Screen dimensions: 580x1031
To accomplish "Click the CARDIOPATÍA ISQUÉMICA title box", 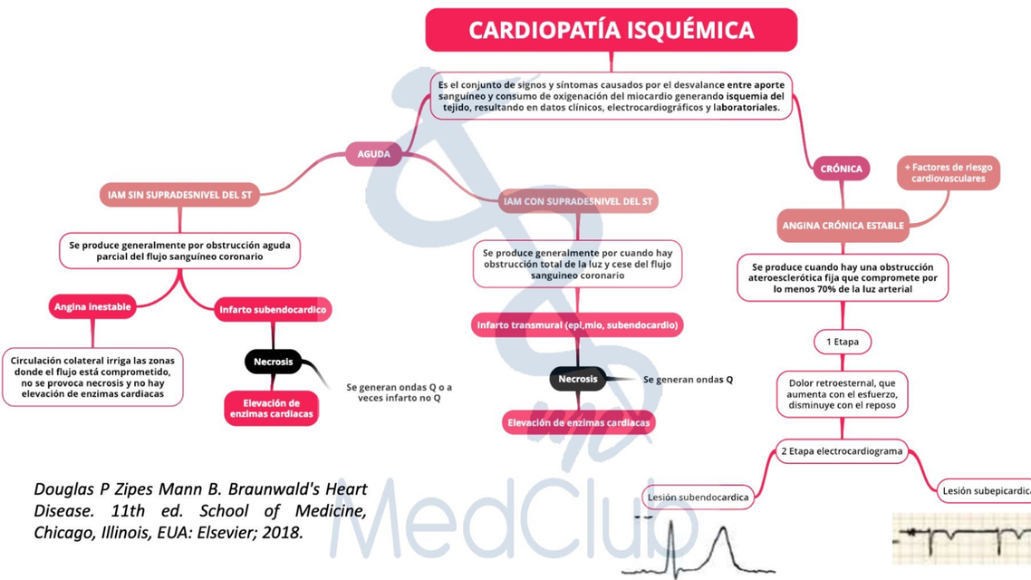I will pyautogui.click(x=612, y=30).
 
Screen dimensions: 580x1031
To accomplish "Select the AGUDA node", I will pyautogui.click(x=373, y=154).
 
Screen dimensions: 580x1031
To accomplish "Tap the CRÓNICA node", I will pyautogui.click(x=841, y=169).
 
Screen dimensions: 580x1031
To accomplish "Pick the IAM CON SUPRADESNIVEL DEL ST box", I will pyautogui.click(x=578, y=201).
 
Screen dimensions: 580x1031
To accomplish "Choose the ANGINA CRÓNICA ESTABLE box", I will pyautogui.click(x=843, y=226).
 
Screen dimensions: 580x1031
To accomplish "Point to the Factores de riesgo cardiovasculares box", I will pyautogui.click(x=949, y=173).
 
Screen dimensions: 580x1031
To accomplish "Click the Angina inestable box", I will pyautogui.click(x=92, y=307).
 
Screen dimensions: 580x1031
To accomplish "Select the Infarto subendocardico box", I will pyautogui.click(x=273, y=310).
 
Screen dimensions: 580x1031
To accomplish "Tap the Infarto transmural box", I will pyautogui.click(x=578, y=324).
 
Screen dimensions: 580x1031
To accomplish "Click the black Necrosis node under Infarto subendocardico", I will pyautogui.click(x=273, y=362).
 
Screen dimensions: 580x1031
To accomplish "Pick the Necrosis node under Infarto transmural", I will pyautogui.click(x=578, y=379).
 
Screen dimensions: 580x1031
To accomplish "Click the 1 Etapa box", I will pyautogui.click(x=843, y=342).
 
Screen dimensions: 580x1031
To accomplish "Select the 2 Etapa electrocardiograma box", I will pyautogui.click(x=842, y=451).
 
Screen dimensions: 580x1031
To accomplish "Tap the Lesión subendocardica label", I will pyautogui.click(x=697, y=497).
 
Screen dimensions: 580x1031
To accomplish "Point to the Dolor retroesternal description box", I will pyautogui.click(x=843, y=394).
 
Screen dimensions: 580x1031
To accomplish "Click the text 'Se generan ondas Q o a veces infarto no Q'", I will pyautogui.click(x=400, y=392).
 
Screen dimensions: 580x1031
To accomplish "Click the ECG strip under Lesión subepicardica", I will pyautogui.click(x=961, y=538).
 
